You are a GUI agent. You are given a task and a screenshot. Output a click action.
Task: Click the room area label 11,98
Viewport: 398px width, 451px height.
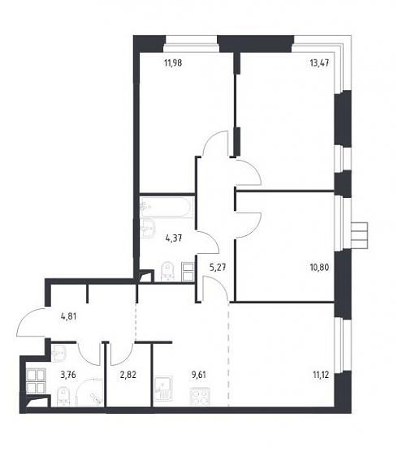point(173,62)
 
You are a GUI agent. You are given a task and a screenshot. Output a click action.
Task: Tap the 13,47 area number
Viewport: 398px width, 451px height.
point(319,62)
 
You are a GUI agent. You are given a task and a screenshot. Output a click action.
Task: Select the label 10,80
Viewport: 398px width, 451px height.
point(319,268)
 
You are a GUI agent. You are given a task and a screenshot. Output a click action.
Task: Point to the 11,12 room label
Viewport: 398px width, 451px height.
point(321,375)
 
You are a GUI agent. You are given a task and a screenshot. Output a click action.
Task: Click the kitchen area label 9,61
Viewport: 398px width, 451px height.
point(199,375)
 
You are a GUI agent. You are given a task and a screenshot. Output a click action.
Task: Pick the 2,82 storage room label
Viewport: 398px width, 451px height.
point(128,375)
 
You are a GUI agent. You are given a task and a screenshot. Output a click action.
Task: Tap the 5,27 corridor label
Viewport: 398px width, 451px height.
point(218,268)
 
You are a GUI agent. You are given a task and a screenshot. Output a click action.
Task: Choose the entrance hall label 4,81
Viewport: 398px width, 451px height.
point(68,316)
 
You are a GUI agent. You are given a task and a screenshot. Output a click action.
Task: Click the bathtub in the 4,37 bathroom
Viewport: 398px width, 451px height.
point(165,207)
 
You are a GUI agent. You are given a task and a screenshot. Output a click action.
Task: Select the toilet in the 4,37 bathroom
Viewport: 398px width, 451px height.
point(167,271)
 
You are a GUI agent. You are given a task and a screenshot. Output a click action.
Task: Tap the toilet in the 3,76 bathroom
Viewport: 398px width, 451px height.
point(63,397)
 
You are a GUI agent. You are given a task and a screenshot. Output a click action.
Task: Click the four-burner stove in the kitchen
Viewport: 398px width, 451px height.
point(200,397)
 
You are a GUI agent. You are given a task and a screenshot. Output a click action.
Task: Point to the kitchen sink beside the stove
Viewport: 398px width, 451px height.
point(163,389)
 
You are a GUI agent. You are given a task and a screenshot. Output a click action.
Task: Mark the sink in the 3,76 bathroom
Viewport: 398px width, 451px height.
point(59,352)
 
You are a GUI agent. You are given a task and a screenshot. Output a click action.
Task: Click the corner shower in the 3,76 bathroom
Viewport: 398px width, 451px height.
point(89,393)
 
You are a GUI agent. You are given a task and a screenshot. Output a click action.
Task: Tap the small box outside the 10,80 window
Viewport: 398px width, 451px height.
point(359,235)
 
